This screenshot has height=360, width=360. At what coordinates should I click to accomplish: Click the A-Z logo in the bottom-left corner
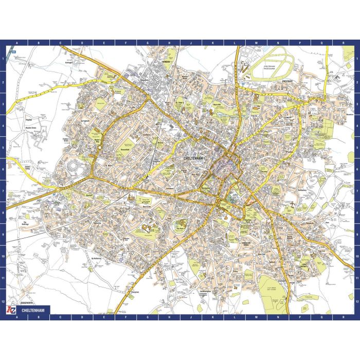tap(10, 311)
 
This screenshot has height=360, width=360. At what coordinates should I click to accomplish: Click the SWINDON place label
tap(165, 61)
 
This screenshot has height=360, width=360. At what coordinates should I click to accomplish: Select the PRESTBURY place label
tap(287, 81)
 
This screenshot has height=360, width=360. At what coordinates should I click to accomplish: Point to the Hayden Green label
tap(29, 128)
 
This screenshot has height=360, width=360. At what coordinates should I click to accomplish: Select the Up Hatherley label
tap(97, 258)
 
